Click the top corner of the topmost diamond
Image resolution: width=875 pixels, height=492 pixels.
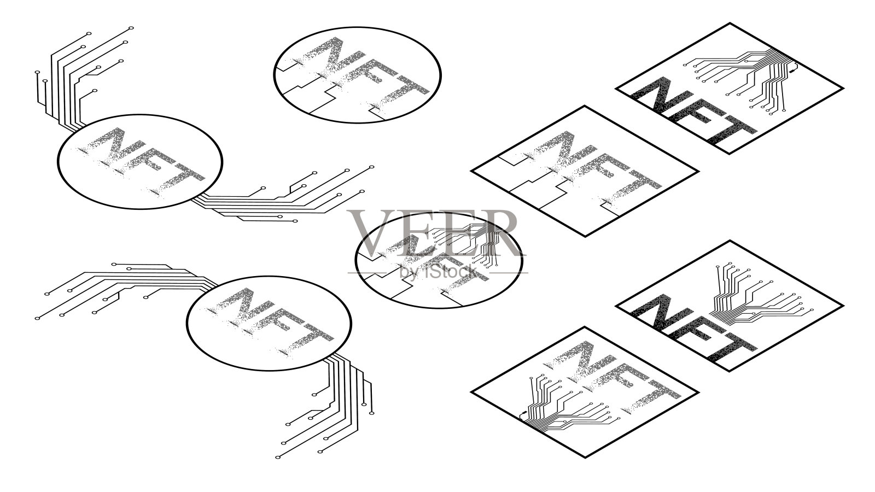(x=730, y=24)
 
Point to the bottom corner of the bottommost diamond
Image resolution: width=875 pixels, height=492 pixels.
(x=585, y=457)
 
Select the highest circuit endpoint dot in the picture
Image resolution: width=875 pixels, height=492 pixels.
(x=131, y=28)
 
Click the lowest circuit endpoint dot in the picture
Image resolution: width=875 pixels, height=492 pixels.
(x=278, y=457)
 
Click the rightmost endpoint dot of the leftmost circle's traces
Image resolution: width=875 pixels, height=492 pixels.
(x=372, y=167)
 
